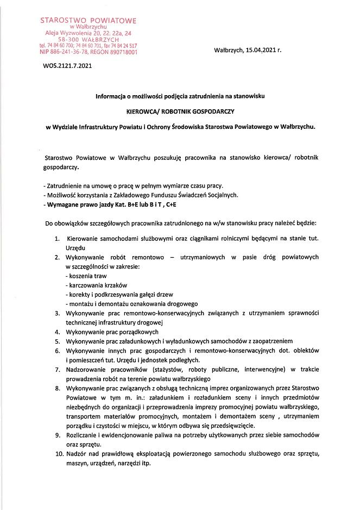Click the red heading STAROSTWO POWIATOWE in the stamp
click(89, 20)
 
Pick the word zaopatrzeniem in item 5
click(269, 341)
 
